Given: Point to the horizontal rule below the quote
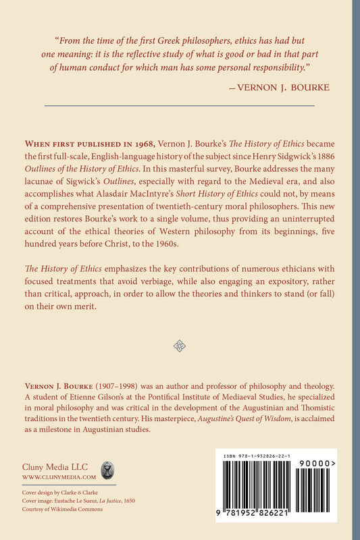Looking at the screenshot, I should coord(179,105).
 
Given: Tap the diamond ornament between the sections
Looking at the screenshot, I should coord(180,346).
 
